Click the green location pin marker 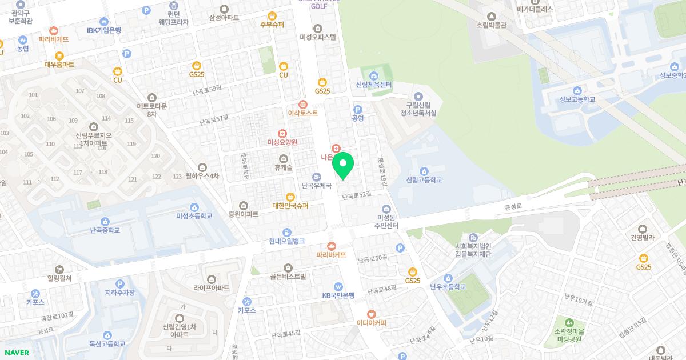[343, 165]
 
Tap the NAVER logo [15, 353]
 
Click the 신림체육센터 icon [374, 76]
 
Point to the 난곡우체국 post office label [316, 186]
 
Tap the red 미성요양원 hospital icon [282, 133]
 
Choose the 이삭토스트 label [302, 113]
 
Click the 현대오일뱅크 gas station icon [286, 232]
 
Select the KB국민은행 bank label [338, 295]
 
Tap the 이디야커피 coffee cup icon [372, 314]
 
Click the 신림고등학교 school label [424, 180]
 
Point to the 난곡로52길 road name [357, 196]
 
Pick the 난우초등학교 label [448, 287]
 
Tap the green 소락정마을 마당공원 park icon [569, 323]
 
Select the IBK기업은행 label [103, 30]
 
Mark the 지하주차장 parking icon [119, 283]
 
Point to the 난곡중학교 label [105, 231]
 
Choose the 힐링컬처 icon [59, 269]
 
